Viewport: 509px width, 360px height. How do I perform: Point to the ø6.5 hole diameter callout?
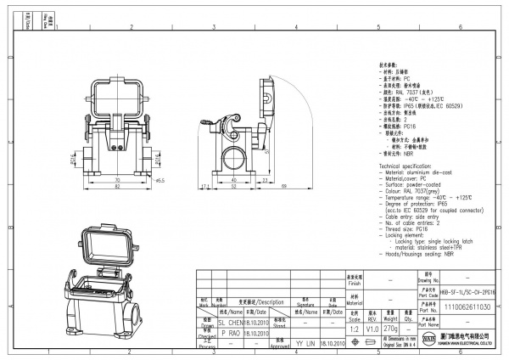160,180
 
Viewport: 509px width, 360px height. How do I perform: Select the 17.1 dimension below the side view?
205,185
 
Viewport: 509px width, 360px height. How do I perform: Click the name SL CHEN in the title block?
231,323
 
